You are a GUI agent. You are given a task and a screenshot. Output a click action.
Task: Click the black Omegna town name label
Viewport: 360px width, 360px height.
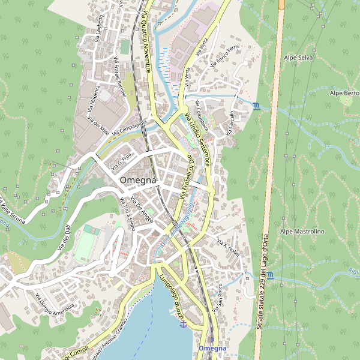pos(138,180)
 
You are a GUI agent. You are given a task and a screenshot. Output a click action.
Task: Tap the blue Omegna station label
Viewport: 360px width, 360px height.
pos(212,349)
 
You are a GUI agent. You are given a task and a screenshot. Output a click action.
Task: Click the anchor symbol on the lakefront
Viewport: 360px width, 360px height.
pos(184,324)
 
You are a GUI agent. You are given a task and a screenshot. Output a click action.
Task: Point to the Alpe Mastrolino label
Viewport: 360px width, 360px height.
pos(302,231)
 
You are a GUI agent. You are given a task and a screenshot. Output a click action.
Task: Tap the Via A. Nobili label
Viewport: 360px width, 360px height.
pos(228,248)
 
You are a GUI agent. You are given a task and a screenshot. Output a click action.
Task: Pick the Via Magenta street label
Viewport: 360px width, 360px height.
pos(95,100)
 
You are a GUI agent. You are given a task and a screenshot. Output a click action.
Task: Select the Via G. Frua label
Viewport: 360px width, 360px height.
pos(120,161)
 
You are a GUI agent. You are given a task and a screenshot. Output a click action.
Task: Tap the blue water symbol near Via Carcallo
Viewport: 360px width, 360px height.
pos(257,107)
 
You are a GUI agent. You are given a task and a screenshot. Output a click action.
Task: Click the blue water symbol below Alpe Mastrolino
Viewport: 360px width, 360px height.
pos(271,275)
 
